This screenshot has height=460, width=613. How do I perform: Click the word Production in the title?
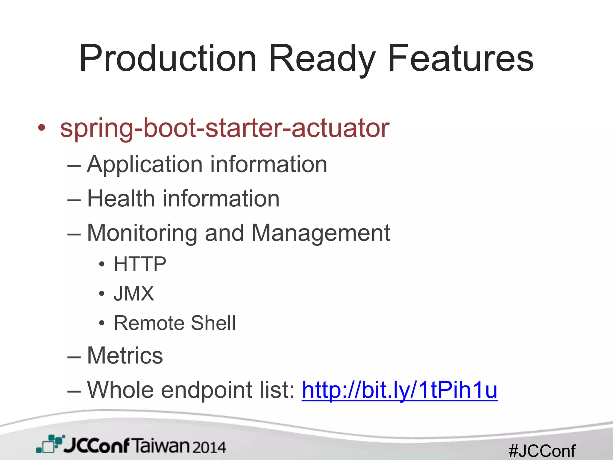(168, 58)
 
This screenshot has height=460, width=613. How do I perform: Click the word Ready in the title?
(322, 58)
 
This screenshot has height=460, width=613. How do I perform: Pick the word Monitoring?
(142, 233)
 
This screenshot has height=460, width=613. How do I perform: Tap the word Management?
(321, 233)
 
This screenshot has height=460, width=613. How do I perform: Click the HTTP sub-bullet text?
(140, 264)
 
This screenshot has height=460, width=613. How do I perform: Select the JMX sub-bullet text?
(134, 293)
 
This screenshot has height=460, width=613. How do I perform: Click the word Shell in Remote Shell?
(213, 323)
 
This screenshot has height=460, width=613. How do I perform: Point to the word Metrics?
(125, 355)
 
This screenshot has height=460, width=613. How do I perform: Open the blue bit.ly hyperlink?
(399, 390)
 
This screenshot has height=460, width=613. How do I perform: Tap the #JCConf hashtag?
(542, 451)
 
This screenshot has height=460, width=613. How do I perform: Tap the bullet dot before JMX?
(102, 294)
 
